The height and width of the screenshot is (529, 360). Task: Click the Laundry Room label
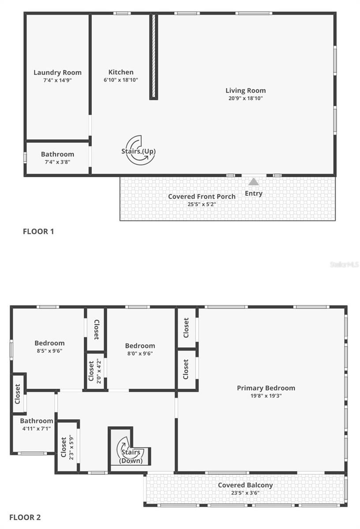[x=57, y=73]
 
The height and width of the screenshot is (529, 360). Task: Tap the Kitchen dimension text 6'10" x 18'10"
[x=121, y=80]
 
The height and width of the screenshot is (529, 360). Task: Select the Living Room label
[x=246, y=90]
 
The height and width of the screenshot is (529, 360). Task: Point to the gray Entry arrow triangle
[x=253, y=182]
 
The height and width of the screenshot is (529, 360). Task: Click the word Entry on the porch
[x=253, y=193]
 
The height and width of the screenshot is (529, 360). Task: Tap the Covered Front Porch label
[x=202, y=196]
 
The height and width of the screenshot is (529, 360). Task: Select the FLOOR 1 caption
[x=38, y=231]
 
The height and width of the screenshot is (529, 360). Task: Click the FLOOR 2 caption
[x=25, y=517]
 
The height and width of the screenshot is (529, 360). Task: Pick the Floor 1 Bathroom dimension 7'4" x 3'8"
[x=57, y=162]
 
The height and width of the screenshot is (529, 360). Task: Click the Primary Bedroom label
[x=266, y=388]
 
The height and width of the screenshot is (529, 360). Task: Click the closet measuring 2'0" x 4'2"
[x=95, y=371]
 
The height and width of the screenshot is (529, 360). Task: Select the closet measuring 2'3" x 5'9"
[x=67, y=447]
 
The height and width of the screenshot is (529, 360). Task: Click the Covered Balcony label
[x=245, y=485]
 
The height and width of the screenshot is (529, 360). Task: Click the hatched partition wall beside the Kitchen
[x=153, y=56]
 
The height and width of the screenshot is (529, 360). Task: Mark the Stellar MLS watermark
[x=345, y=264]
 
